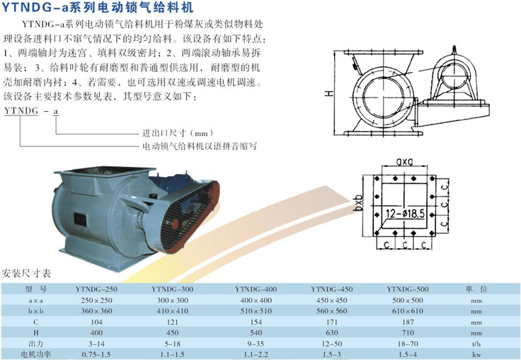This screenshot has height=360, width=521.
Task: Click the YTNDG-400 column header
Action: (256, 289)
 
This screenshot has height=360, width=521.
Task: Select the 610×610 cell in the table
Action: (408, 311)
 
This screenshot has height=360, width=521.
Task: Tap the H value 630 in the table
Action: (332, 332)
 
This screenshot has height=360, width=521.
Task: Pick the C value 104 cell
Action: (96, 322)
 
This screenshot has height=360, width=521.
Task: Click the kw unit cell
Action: (476, 354)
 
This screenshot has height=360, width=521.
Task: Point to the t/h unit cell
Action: (476, 344)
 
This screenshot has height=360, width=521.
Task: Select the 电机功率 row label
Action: (36, 354)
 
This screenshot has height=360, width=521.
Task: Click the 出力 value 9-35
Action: (256, 344)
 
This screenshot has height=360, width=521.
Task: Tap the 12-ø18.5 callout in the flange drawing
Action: (406, 214)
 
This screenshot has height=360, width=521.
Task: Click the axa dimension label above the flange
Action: (404, 161)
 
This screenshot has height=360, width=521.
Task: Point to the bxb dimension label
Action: (358, 203)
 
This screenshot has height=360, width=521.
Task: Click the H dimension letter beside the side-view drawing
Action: (328, 93)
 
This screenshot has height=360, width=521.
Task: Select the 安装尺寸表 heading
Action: (26, 273)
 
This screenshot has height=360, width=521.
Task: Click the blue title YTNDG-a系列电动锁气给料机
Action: (98, 7)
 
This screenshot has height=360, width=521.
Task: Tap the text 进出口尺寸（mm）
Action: (178, 134)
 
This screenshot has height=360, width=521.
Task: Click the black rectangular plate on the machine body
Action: (80, 220)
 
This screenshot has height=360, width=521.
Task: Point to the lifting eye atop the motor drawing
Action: (454, 50)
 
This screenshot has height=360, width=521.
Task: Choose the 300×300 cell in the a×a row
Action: (173, 300)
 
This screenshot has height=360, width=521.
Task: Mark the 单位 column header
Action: (476, 289)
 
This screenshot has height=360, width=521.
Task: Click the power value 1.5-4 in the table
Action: (408, 354)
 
